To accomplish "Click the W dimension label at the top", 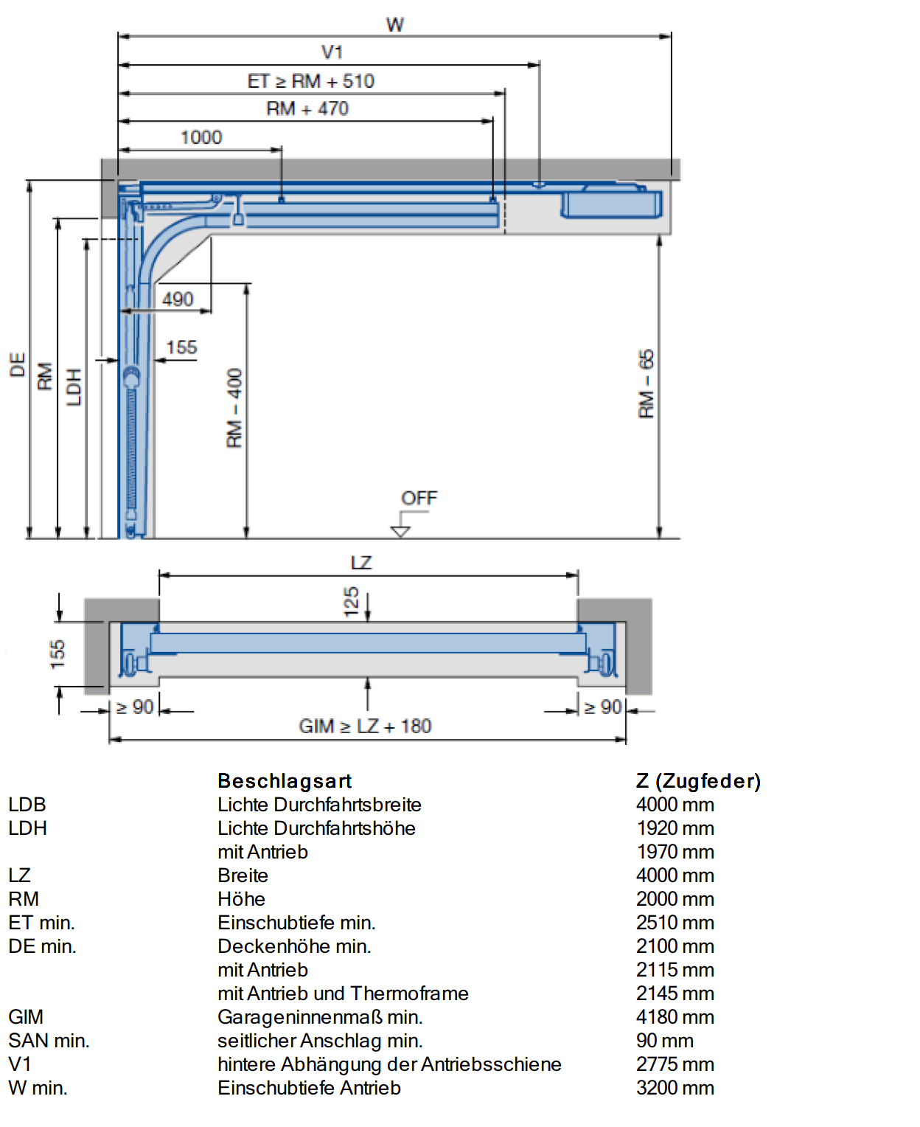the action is pyautogui.click(x=395, y=24).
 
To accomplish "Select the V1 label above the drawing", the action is pyautogui.click(x=332, y=52).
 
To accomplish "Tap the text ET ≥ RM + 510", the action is pyautogui.click(x=311, y=81).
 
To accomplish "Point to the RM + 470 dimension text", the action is pyautogui.click(x=307, y=108).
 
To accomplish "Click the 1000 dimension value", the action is pyautogui.click(x=201, y=137).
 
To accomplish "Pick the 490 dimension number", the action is pyautogui.click(x=178, y=299).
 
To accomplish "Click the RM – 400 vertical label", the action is pyautogui.click(x=234, y=408).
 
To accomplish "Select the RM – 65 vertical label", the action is pyautogui.click(x=647, y=384).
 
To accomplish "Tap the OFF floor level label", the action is pyautogui.click(x=419, y=498).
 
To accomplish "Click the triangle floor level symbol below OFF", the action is pyautogui.click(x=400, y=532).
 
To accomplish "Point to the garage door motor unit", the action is pyautogui.click(x=611, y=202).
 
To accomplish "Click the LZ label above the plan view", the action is pyautogui.click(x=361, y=563).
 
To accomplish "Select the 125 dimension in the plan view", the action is pyautogui.click(x=351, y=602).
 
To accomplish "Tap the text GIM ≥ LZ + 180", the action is pyautogui.click(x=365, y=726).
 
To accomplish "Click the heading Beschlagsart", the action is pyautogui.click(x=285, y=781).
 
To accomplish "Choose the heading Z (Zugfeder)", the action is pyautogui.click(x=698, y=781).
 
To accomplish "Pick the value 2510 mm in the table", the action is pyautogui.click(x=675, y=923).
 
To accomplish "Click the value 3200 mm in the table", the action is pyautogui.click(x=675, y=1087).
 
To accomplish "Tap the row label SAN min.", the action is pyautogui.click(x=49, y=1041).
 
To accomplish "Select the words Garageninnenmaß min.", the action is pyautogui.click(x=320, y=1017).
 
